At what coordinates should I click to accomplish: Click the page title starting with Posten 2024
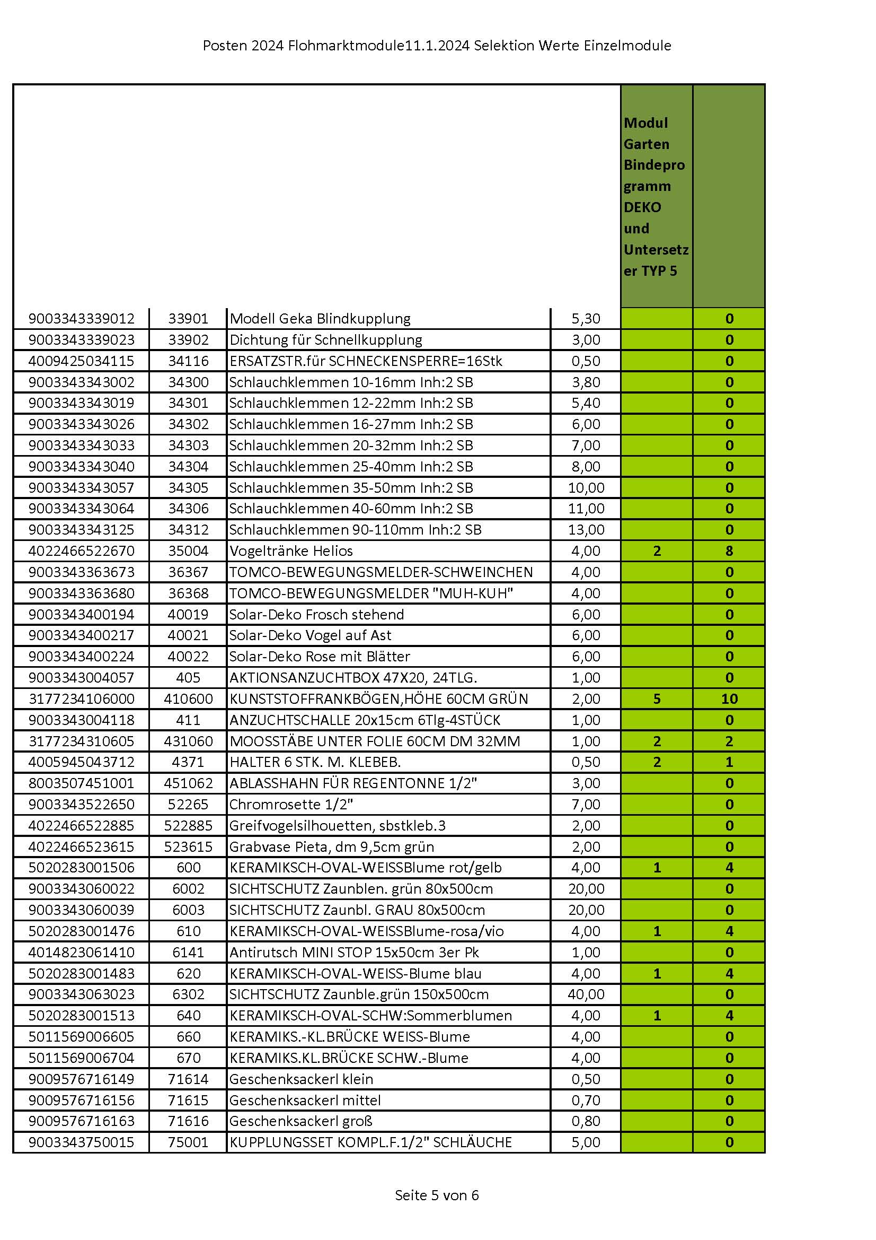coord(437,46)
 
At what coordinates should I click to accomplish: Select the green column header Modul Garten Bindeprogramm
coord(656,197)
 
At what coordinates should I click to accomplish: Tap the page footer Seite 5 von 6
coord(437,1195)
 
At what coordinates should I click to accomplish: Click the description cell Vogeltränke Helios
coord(291,551)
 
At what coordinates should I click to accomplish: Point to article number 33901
coord(188,319)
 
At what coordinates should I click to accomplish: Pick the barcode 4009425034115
coord(82,361)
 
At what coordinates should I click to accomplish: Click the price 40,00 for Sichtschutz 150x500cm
coord(586,994)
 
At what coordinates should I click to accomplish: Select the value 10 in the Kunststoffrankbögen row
coord(729,699)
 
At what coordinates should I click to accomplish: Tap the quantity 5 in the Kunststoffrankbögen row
coord(657,699)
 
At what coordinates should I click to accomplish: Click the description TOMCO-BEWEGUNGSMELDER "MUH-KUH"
coord(371,593)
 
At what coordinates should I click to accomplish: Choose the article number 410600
coord(188,699)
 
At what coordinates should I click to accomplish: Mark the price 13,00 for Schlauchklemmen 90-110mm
coord(586,530)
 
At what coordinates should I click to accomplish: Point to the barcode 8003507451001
coord(82,783)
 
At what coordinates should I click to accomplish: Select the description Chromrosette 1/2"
coord(291,804)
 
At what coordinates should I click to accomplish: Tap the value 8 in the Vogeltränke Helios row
coord(729,551)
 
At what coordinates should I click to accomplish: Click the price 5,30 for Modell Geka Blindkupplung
coord(586,319)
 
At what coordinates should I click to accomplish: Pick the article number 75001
coord(188,1142)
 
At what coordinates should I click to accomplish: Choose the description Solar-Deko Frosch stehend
coord(316,614)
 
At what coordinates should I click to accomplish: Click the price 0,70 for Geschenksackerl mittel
coord(586,1100)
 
